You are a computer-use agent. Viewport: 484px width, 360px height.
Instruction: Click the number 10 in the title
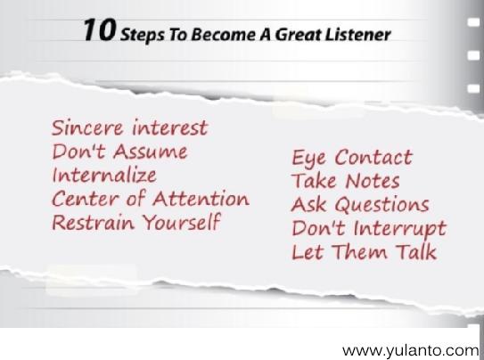[x=99, y=33]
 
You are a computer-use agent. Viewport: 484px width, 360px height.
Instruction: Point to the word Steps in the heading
[x=140, y=35]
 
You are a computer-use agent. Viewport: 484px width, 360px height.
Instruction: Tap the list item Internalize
[x=103, y=174]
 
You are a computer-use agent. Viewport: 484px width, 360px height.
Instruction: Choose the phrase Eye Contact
[x=352, y=159]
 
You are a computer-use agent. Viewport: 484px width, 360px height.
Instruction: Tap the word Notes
[x=369, y=182]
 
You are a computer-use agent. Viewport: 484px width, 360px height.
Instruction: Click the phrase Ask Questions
[x=360, y=205]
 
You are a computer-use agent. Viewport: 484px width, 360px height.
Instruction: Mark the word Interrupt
[x=398, y=228]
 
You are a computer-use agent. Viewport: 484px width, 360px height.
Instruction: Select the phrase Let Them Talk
[x=364, y=251]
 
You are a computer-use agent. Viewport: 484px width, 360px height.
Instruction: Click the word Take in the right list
[x=312, y=182]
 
